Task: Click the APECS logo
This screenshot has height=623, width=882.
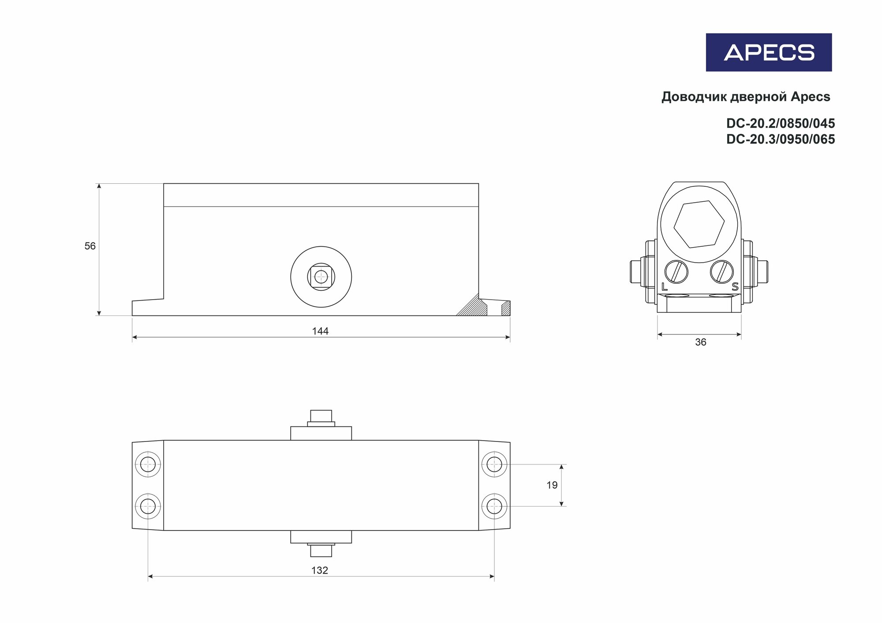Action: coord(769,52)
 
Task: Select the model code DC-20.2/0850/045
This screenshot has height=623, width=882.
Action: coord(781,123)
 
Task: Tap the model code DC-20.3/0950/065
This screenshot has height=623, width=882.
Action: coord(781,139)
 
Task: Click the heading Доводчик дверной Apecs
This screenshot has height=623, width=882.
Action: coord(746,97)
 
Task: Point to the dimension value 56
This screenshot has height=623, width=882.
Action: coord(90,246)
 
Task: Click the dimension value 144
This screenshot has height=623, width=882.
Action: coord(320,331)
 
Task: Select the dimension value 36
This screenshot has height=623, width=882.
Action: coord(700,342)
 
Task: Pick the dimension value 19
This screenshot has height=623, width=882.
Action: coord(552,485)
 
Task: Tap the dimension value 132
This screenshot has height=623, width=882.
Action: coord(320,571)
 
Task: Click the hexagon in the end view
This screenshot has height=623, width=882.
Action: coord(699,224)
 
